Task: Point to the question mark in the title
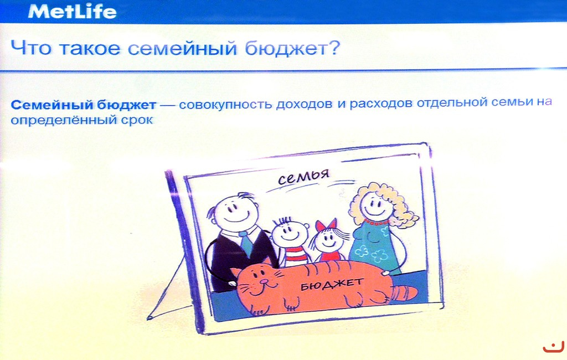(x=333, y=47)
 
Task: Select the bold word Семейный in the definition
(x=51, y=105)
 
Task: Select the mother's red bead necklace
(x=376, y=222)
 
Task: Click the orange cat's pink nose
(x=264, y=281)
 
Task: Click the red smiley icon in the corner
(x=554, y=347)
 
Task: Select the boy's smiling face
(x=289, y=234)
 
